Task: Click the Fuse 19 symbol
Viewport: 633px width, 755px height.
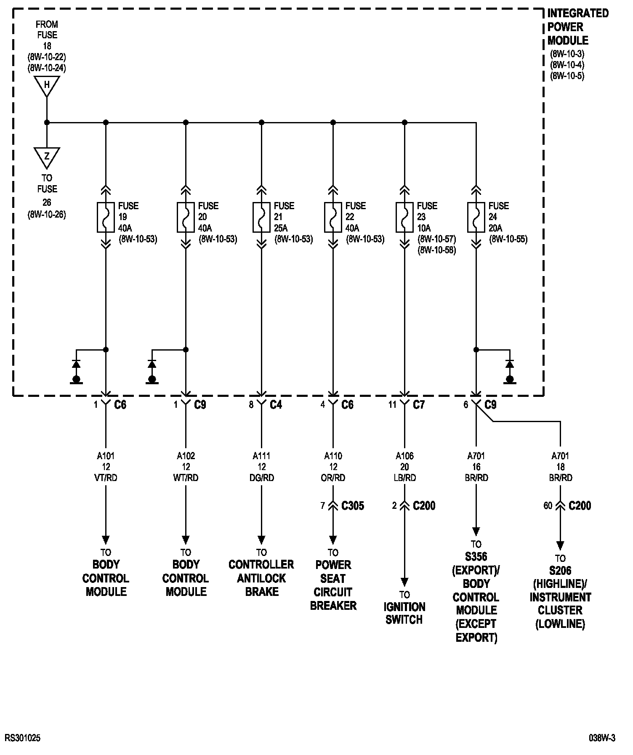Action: tap(106, 217)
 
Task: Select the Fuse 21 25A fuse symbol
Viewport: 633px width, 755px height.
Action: tap(261, 217)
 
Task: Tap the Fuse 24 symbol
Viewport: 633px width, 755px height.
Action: tap(476, 217)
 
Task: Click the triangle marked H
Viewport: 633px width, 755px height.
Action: tap(47, 85)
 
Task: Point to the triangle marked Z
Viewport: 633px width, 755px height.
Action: tap(47, 157)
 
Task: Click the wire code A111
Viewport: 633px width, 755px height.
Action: tap(261, 456)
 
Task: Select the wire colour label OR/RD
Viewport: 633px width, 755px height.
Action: tap(333, 478)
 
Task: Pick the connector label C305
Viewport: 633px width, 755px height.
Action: tap(352, 505)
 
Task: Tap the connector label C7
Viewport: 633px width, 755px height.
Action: tap(419, 405)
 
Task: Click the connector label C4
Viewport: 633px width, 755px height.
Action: tap(276, 405)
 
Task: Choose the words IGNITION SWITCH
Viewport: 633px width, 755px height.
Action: tap(404, 613)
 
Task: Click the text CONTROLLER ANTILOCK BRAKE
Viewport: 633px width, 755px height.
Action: tap(261, 578)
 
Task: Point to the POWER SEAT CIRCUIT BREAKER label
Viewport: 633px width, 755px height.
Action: tap(333, 585)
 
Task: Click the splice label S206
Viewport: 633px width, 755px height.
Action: tap(560, 571)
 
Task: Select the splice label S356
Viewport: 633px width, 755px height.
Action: tap(476, 557)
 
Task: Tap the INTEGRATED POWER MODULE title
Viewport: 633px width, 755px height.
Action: tap(577, 27)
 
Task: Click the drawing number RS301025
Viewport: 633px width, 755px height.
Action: tap(23, 738)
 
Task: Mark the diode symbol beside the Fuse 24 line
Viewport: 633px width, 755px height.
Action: tap(510, 364)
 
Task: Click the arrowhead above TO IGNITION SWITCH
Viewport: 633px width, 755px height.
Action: tap(404, 582)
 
